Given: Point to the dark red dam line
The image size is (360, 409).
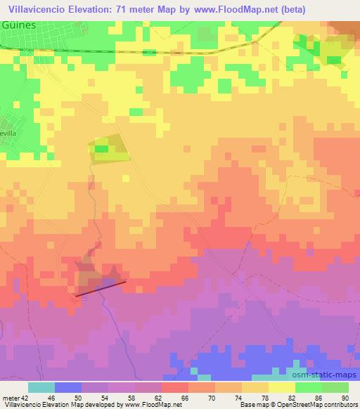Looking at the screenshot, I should tap(101, 288).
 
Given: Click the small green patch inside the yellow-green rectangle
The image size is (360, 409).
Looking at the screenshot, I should tap(102, 148).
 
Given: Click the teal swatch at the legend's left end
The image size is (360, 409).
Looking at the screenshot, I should tap(41, 387).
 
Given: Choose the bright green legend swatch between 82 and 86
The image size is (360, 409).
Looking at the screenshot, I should tap(309, 387).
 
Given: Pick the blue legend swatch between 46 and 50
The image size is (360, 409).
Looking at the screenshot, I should tap(68, 387).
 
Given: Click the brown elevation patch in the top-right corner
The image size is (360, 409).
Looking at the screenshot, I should tap(346, 28).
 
